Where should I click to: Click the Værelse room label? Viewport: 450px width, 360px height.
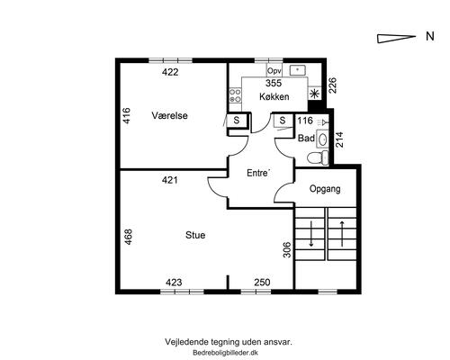point(169,115)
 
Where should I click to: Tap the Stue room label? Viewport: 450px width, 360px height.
point(195,235)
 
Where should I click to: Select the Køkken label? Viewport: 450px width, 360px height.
point(274,96)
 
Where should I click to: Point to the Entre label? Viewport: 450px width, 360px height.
point(258,173)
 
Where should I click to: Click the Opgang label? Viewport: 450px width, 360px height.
point(325,189)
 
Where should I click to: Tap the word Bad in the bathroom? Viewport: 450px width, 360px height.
point(306,139)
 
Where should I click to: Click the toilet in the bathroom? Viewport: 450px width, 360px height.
point(318,157)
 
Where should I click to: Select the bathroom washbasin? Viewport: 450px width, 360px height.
point(322,139)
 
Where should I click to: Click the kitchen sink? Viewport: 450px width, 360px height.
point(297,70)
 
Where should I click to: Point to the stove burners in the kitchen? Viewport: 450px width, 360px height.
point(235,95)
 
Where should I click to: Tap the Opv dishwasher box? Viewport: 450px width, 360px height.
point(274,71)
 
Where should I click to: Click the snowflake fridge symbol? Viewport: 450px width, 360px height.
point(314,94)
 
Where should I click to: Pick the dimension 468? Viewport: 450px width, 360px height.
point(128,237)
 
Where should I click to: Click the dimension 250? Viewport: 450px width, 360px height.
point(262,283)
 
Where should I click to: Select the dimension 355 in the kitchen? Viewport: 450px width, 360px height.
point(274,83)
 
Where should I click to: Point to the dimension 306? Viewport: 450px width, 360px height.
point(287,249)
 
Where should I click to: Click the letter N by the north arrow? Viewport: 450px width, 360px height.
point(430,36)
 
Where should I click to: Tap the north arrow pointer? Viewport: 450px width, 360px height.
point(396,39)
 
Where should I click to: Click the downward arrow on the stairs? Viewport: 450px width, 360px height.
point(311,234)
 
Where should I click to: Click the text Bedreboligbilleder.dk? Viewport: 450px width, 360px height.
point(226,353)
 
